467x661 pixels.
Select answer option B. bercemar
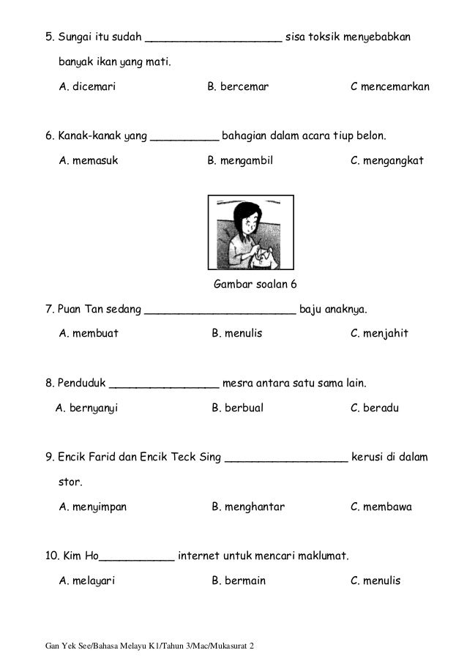(x=238, y=87)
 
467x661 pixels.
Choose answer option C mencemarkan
(x=389, y=87)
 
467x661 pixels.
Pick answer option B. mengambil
(x=240, y=161)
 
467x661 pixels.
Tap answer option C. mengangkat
(x=386, y=161)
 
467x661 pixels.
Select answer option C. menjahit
(x=379, y=334)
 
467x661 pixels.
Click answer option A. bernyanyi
(x=86, y=408)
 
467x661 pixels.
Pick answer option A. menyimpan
(x=92, y=507)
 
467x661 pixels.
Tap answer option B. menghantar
(x=248, y=507)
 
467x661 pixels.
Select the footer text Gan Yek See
(x=70, y=647)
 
